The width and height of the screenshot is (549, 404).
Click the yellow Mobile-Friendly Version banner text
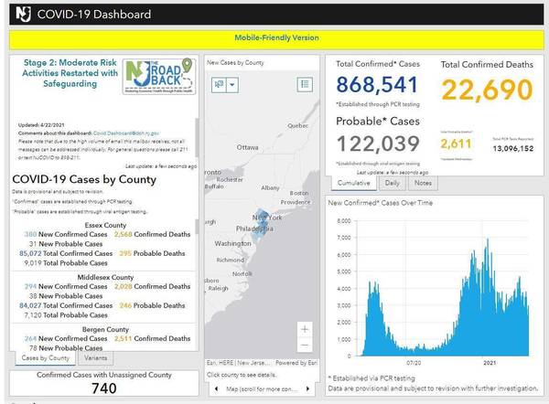[274, 38]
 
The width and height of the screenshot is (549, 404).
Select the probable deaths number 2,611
[457, 144]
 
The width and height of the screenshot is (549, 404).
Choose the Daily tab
[393, 183]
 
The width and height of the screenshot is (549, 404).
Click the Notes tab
[425, 183]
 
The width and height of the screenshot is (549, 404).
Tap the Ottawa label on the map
[247, 147]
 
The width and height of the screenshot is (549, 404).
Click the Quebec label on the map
[298, 125]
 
